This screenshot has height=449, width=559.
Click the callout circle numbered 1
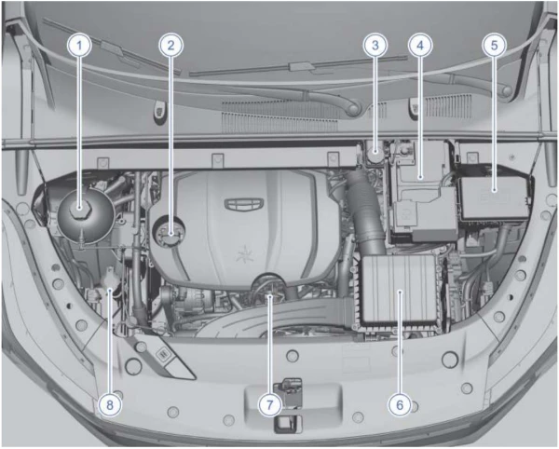[x=79, y=46]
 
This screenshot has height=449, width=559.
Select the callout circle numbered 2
[x=171, y=46]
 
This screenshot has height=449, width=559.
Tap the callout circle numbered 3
[x=375, y=46]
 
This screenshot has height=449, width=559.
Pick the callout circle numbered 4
[x=420, y=46]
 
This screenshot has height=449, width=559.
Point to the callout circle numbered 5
[x=494, y=46]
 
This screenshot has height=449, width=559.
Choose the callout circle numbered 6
[x=400, y=404]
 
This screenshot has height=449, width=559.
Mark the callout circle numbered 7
[x=269, y=404]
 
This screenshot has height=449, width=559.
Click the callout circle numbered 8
[x=110, y=404]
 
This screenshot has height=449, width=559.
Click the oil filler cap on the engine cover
[x=169, y=231]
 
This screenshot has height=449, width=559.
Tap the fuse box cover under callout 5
[x=495, y=194]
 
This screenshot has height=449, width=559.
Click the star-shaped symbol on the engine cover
[x=244, y=253]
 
